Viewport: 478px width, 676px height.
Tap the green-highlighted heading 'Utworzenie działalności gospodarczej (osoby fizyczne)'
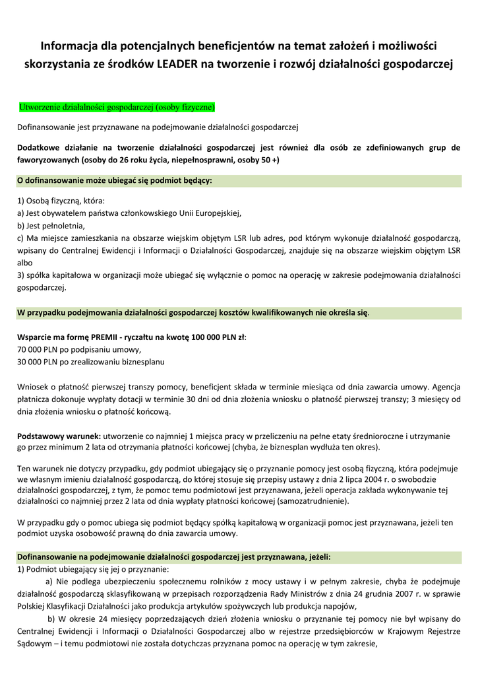point(117,106)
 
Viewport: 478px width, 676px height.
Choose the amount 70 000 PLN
point(39,349)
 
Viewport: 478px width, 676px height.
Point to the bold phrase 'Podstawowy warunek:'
point(58,436)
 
